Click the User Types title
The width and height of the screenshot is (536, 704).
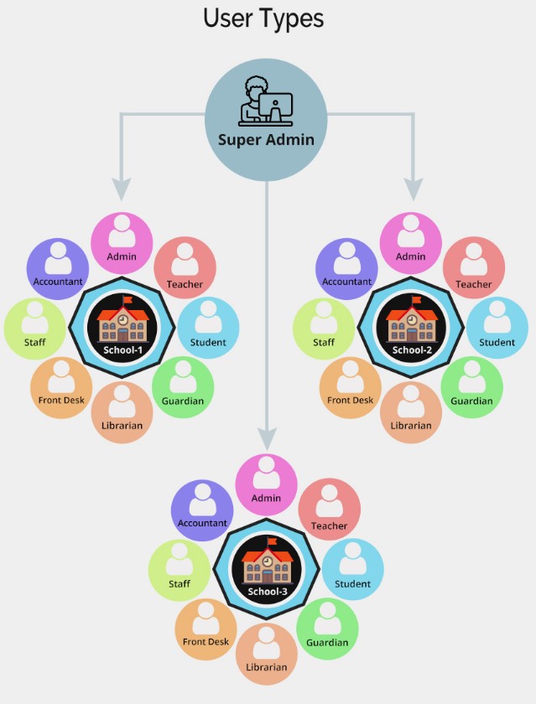tap(263, 18)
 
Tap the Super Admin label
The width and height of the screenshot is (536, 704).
tap(266, 139)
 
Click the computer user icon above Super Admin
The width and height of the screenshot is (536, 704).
tap(266, 101)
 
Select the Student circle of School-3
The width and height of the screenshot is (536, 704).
tap(353, 570)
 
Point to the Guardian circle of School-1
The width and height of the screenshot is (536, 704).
tap(183, 386)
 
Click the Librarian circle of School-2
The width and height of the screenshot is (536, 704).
tap(411, 412)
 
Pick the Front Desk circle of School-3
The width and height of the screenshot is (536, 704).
tap(206, 629)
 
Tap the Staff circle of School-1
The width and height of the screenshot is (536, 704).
tap(35, 328)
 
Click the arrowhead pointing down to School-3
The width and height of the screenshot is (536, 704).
tap(267, 437)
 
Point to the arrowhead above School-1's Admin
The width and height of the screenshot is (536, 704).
tap(122, 189)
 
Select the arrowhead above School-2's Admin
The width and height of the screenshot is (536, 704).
tap(412, 189)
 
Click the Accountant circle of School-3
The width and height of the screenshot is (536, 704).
tap(202, 510)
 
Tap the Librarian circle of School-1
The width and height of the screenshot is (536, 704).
tap(122, 412)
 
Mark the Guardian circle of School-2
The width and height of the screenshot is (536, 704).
tap(471, 386)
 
